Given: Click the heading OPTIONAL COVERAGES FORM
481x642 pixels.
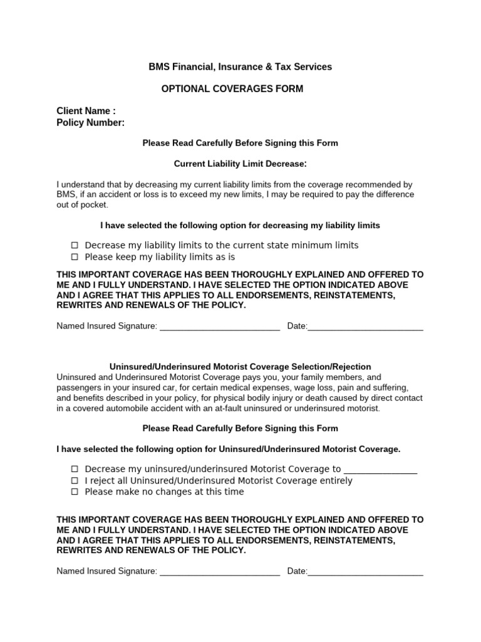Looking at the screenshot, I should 232,89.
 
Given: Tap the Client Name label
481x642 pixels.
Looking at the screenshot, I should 86,111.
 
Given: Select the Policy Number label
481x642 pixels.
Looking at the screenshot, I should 90,122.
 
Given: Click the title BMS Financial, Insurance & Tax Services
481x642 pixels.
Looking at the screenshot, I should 240,66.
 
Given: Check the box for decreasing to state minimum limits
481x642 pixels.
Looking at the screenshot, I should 75,245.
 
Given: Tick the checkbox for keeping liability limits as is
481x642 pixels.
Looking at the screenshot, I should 75,257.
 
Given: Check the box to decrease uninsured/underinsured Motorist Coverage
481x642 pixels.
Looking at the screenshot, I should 75,468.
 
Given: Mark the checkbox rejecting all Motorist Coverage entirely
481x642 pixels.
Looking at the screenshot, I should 75,480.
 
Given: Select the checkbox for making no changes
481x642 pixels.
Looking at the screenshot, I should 75,492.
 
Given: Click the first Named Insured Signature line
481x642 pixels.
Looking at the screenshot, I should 219,326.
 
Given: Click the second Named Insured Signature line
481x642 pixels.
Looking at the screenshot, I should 219,571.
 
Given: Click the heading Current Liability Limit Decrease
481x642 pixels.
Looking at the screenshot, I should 240,164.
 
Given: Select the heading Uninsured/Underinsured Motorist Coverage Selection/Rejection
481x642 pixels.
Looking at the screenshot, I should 240,367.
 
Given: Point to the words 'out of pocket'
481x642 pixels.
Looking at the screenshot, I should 82,205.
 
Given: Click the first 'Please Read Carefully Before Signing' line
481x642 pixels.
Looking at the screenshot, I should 240,143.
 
